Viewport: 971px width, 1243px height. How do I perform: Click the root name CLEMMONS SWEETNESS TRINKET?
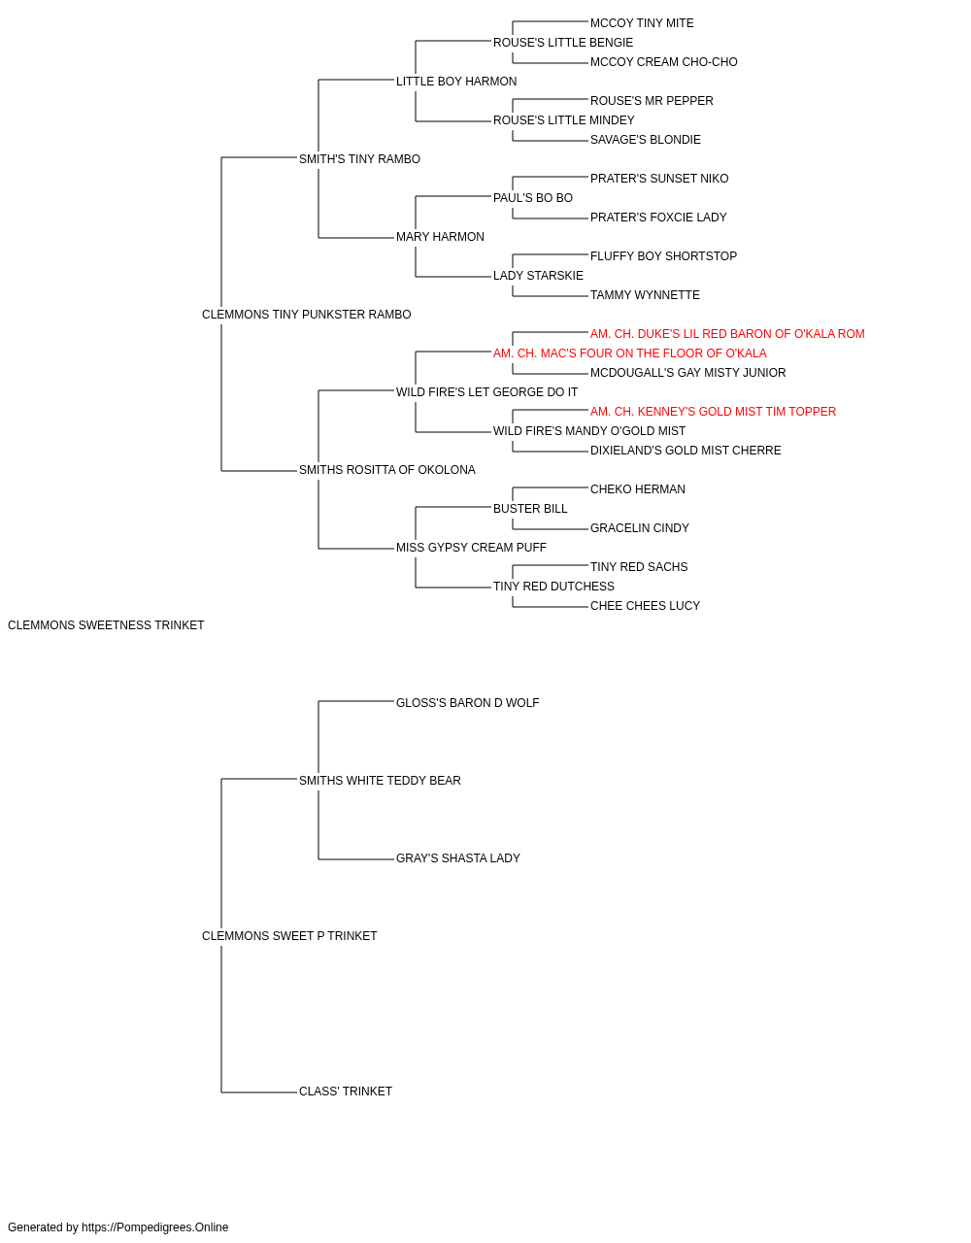106,625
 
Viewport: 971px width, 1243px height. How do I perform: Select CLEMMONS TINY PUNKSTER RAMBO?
307,315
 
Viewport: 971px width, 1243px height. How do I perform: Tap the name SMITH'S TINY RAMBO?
359,159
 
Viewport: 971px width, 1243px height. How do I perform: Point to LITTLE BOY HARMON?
456,82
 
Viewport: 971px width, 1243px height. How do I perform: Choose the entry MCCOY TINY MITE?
642,23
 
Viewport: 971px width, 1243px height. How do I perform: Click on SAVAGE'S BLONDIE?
645,140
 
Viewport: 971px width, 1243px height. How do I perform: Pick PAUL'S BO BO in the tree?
533,198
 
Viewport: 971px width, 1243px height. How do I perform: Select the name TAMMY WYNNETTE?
645,295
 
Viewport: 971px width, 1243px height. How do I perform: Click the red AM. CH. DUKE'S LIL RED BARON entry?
727,334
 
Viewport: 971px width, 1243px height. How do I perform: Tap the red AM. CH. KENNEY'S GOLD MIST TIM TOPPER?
713,412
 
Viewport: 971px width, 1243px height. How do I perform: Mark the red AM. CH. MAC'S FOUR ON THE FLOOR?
629,353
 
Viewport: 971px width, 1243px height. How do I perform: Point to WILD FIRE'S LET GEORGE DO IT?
486,392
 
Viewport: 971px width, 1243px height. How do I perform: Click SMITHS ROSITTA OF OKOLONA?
387,470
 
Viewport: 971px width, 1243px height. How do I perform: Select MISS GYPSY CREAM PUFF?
471,548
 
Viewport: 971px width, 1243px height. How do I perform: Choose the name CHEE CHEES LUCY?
645,606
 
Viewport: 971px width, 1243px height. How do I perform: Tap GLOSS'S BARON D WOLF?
468,703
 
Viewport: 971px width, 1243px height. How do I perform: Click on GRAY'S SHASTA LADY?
458,858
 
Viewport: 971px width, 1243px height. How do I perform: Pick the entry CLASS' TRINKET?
346,1092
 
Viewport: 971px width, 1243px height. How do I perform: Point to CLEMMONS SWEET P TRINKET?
289,936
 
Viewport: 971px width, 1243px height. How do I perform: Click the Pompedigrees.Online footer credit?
117,1227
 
